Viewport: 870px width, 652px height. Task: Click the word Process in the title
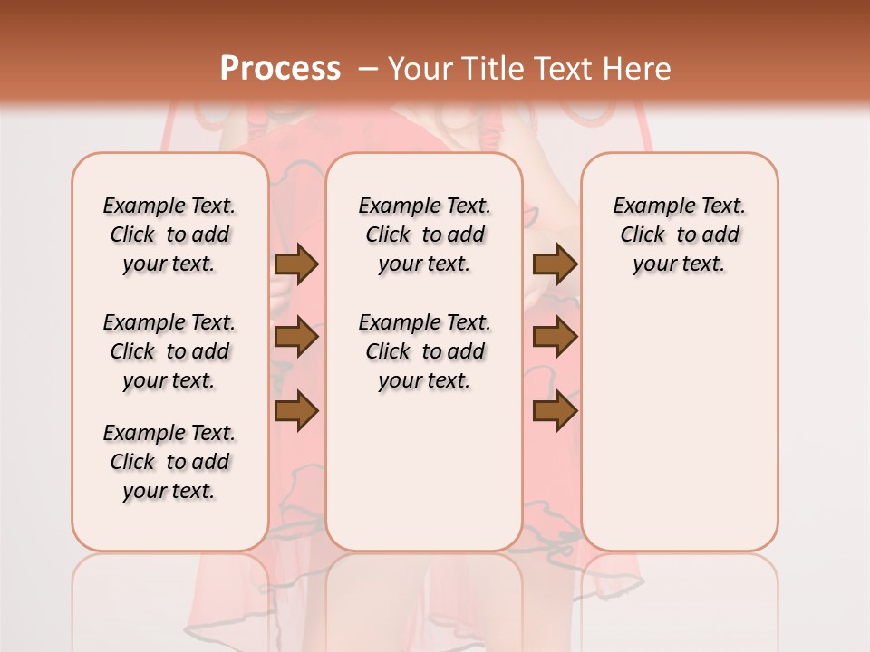[x=280, y=68]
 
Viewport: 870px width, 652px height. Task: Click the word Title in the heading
[x=491, y=68]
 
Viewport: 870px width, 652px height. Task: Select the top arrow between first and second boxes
[x=296, y=264]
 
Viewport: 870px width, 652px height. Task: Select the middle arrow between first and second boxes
[x=296, y=338]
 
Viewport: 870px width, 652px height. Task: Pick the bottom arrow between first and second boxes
[x=296, y=411]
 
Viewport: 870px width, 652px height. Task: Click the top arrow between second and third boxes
[x=555, y=264]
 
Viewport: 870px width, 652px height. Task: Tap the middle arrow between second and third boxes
[x=555, y=338]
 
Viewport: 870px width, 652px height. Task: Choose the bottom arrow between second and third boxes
[x=555, y=411]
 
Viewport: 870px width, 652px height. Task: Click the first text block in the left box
[x=169, y=235]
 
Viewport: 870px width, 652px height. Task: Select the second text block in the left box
[x=169, y=351]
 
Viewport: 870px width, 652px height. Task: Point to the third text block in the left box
[x=169, y=462]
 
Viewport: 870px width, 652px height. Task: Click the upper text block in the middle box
[x=424, y=235]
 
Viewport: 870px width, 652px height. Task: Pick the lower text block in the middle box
[x=424, y=351]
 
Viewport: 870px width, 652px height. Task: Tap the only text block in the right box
[x=679, y=235]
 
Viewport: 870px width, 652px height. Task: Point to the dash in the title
[x=369, y=68]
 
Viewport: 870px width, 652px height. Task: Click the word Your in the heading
[x=421, y=68]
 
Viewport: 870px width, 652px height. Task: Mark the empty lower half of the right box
[x=679, y=435]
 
